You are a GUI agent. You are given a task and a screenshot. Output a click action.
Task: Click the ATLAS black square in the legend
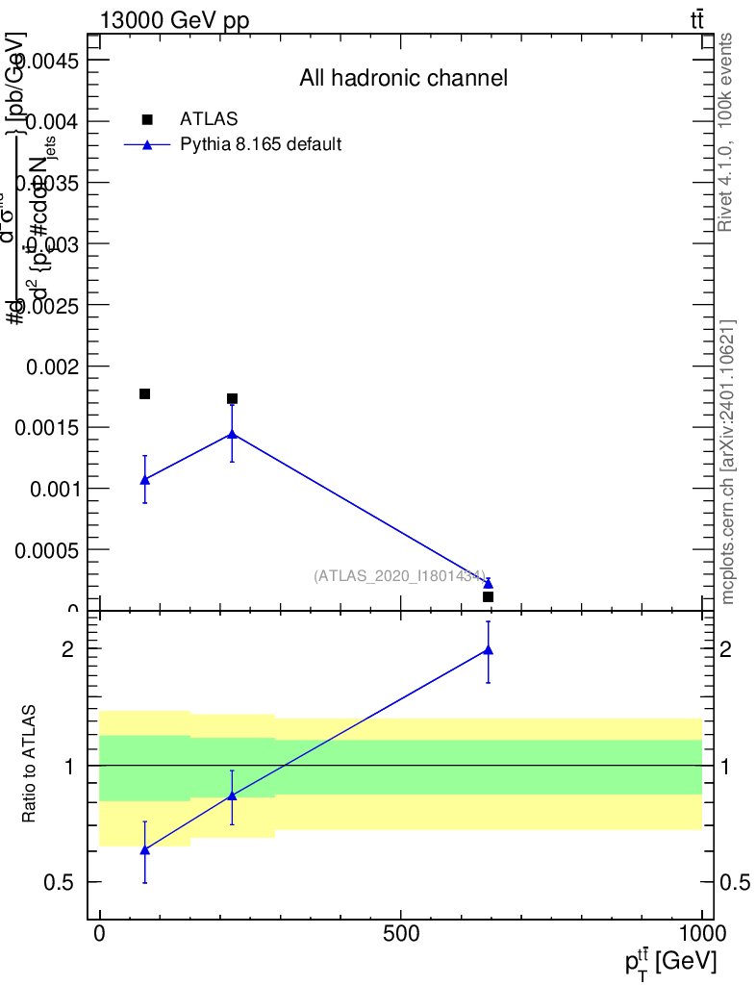147,119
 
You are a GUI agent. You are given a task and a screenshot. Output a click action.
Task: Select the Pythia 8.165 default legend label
261,145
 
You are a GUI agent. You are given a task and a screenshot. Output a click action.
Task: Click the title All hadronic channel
403,78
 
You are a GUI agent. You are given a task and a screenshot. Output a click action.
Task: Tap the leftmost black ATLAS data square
145,393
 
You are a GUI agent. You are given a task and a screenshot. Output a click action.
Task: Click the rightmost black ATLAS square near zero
488,597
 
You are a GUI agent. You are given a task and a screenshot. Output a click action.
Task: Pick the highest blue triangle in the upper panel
232,433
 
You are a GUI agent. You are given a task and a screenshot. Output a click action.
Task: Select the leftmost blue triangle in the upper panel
145,479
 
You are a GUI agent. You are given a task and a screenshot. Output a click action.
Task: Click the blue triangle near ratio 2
488,650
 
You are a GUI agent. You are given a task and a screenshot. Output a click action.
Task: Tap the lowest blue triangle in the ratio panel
145,850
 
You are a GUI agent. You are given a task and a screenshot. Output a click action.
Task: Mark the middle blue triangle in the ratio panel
232,796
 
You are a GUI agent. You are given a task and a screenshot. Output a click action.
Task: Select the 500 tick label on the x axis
400,933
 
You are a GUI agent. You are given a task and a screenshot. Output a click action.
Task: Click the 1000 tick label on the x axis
701,933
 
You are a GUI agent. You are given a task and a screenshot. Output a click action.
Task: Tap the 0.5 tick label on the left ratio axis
61,882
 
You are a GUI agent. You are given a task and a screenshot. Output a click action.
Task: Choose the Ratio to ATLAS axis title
29,765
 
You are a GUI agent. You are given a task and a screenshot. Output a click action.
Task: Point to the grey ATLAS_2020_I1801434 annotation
399,575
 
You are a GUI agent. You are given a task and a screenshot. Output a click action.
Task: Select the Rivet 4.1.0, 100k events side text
726,132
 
